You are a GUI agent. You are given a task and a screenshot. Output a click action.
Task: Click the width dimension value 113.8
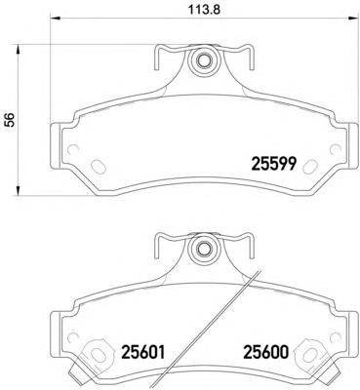coord(205,10)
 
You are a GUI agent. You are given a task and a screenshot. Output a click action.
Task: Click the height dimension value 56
coord(11,120)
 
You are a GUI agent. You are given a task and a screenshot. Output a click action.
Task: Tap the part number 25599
coord(273,164)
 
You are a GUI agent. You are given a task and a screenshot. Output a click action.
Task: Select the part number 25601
coord(143,352)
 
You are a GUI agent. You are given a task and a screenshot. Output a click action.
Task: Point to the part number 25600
coord(266,352)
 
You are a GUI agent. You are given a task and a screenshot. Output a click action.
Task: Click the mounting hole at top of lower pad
coord(204,249)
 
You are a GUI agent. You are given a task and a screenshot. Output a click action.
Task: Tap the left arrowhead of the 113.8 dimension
coord(54,18)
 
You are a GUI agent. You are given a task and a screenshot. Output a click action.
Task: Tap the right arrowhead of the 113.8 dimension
coord(353,18)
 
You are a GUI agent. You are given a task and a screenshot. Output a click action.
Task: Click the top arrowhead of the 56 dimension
coord(19,49)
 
